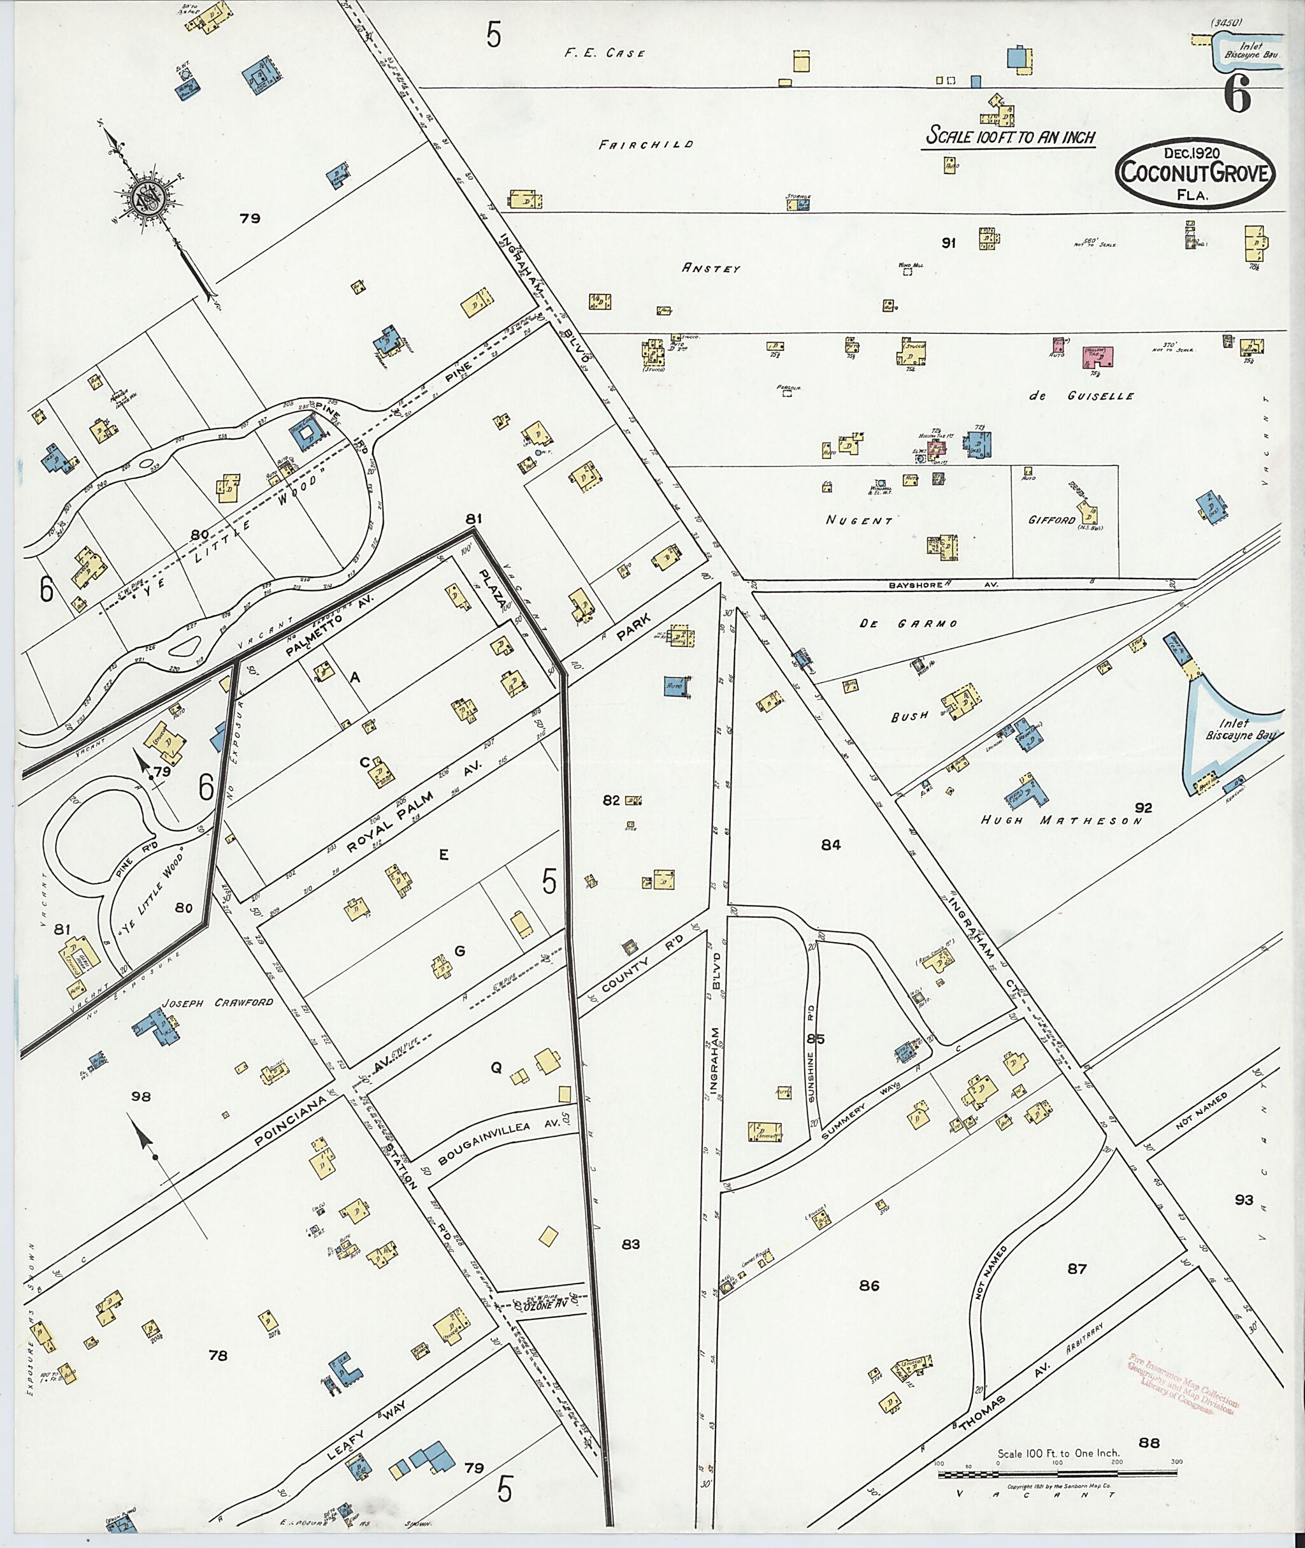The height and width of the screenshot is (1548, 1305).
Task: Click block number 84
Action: pyautogui.click(x=831, y=845)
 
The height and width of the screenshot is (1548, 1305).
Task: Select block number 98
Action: pyautogui.click(x=141, y=1097)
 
